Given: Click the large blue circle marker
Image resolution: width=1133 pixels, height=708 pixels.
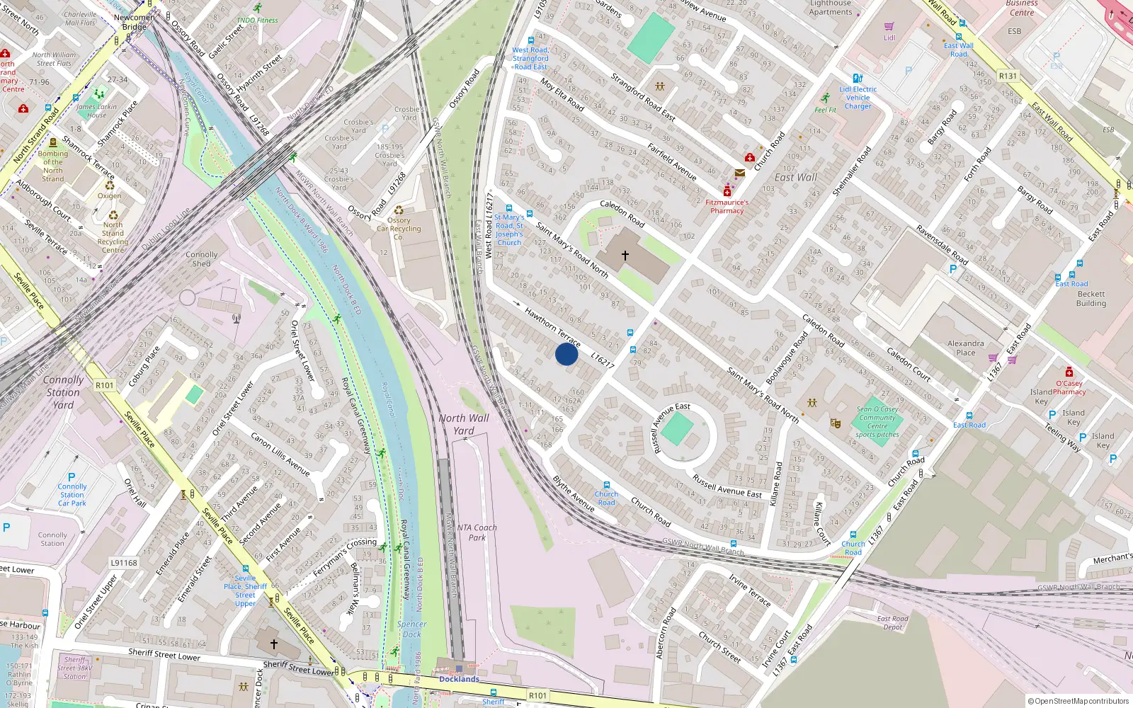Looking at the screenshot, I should point(566,354).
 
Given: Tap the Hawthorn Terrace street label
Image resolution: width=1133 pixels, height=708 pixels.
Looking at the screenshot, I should point(552,326).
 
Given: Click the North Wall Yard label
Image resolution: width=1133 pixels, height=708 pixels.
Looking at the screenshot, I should point(464,424).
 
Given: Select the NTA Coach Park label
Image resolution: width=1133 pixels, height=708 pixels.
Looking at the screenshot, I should point(477,532).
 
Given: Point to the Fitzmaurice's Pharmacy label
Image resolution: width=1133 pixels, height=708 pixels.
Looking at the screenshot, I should point(727,206).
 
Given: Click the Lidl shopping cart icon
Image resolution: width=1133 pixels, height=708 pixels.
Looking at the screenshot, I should point(889,27).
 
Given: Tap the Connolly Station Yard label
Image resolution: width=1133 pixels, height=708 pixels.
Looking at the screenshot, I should point(63,392).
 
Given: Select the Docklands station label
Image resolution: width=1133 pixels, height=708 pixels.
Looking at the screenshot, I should point(459,679).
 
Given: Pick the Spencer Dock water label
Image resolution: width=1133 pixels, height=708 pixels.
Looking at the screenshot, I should point(412,629).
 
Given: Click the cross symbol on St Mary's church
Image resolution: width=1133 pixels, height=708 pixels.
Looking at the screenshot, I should point(625,255).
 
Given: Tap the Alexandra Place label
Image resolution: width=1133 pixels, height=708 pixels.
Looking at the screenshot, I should point(966,348).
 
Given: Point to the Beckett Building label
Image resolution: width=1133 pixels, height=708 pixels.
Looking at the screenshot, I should point(1091,298).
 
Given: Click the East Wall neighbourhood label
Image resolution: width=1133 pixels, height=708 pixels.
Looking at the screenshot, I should point(795,177).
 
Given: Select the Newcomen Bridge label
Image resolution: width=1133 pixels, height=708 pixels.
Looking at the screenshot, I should point(135,22).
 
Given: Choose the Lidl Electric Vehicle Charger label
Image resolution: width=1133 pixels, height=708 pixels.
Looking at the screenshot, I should point(858,98).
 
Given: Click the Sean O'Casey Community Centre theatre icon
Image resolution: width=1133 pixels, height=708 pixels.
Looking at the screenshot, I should point(836,423).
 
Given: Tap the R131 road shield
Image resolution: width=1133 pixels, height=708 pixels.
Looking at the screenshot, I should point(1007,76).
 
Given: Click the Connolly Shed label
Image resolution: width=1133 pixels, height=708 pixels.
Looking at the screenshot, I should point(202,258).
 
